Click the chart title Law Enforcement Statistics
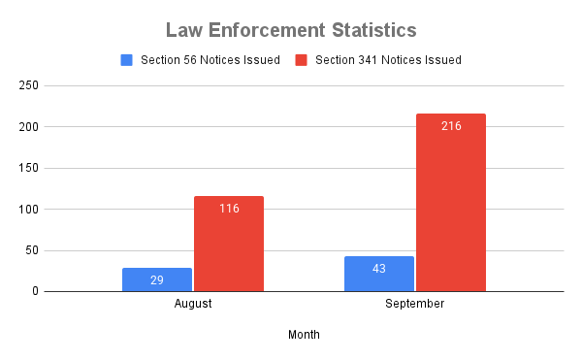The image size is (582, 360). tap(291, 29)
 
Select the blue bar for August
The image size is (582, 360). tap(157, 279)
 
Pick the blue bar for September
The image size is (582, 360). tap(379, 274)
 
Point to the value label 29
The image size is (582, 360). tap(157, 279)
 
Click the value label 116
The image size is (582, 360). tap(229, 209)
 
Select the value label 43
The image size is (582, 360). tap(379, 268)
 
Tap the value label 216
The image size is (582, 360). tap(451, 126)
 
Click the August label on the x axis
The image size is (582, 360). tap(193, 304)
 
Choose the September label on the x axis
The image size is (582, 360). tap(415, 304)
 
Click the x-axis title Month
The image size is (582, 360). tap(304, 335)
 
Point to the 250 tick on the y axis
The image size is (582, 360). tap(29, 86)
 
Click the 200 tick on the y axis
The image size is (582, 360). tap(29, 127)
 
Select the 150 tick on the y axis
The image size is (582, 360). tap(29, 168)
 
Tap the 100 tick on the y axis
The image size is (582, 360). tap(29, 210)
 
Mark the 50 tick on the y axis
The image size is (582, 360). tap(32, 250)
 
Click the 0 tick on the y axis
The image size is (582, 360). tap(35, 291)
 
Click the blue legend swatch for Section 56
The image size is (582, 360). tap(126, 60)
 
